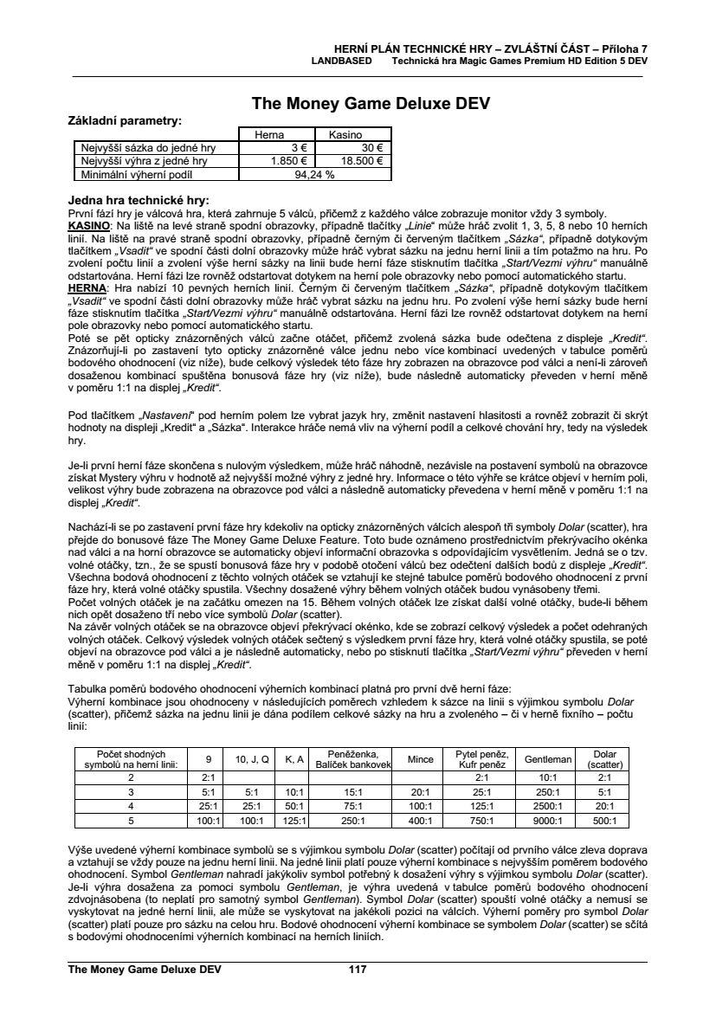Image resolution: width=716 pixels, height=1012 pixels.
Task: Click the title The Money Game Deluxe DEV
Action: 371,104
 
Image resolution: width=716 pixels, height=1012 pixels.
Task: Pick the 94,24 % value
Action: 315,173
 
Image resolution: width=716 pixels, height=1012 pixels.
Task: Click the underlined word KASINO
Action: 87,225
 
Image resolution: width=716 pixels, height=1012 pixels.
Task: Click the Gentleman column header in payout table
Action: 548,759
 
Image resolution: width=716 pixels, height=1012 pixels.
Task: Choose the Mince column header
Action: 420,759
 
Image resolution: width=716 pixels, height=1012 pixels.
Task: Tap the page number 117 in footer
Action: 358,970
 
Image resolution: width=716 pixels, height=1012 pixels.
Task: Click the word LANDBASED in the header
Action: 342,61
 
